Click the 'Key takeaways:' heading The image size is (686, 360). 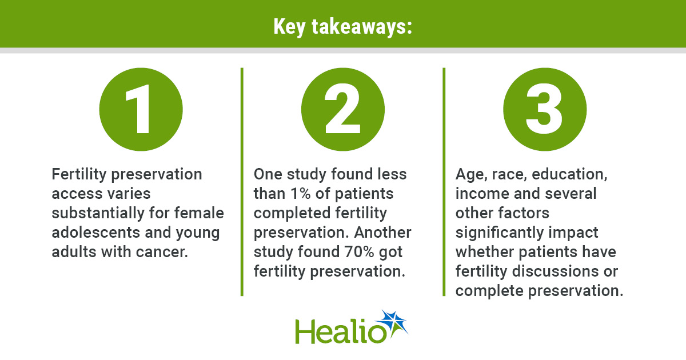pos(342,27)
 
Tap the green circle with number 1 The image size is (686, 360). pos(141,109)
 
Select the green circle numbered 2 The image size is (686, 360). pos(342,109)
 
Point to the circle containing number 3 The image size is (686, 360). pos(545,109)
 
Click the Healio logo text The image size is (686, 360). pos(341,331)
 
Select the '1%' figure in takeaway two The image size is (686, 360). pos(301,194)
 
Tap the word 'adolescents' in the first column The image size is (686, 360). pos(96,233)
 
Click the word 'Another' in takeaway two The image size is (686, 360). pos(382,233)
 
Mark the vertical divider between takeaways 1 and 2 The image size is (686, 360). pos(242,182)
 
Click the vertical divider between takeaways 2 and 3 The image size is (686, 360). pos(444,182)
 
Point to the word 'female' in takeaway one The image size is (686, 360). pos(199,213)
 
